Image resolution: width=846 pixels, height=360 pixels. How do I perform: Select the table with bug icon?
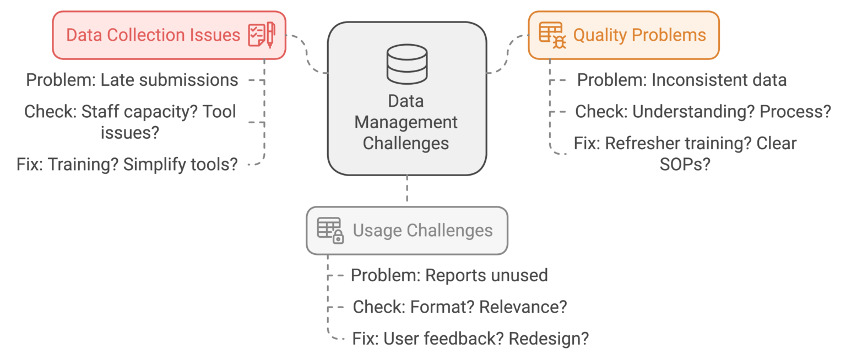pyautogui.click(x=552, y=35)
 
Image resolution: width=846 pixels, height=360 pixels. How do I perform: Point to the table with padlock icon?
pyautogui.click(x=330, y=230)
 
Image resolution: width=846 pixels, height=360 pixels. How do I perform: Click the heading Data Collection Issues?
pyautogui.click(x=153, y=35)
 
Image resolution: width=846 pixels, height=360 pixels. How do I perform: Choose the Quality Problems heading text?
pyautogui.click(x=639, y=35)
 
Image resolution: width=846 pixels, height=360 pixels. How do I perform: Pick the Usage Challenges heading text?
pyautogui.click(x=422, y=230)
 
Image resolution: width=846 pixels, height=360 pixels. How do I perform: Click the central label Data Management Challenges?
pyautogui.click(x=406, y=122)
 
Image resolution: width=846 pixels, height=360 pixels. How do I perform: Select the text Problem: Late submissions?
pyautogui.click(x=132, y=80)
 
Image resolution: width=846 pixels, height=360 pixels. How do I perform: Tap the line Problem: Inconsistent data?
pyautogui.click(x=681, y=80)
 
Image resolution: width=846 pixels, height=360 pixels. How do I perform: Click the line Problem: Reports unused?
pyautogui.click(x=449, y=275)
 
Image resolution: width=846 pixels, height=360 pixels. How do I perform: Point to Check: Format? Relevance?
pyautogui.click(x=459, y=307)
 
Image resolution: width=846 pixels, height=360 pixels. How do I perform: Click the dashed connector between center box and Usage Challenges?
pyautogui.click(x=406, y=190)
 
